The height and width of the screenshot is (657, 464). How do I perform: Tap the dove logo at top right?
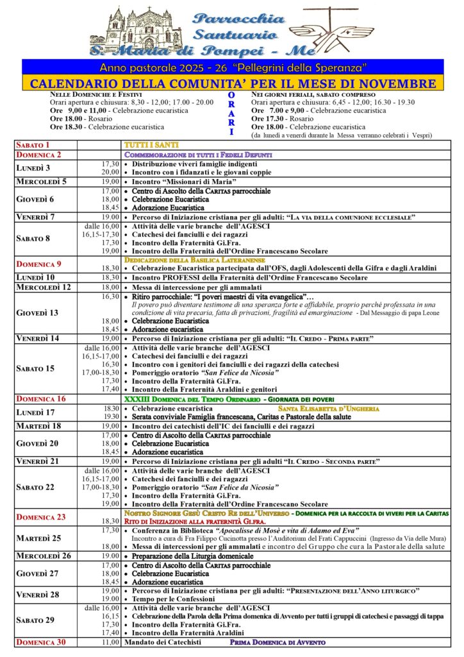(340, 32)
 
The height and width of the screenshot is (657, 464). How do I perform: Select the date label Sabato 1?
(33, 146)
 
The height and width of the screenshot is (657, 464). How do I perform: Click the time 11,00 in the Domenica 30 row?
(110, 642)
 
